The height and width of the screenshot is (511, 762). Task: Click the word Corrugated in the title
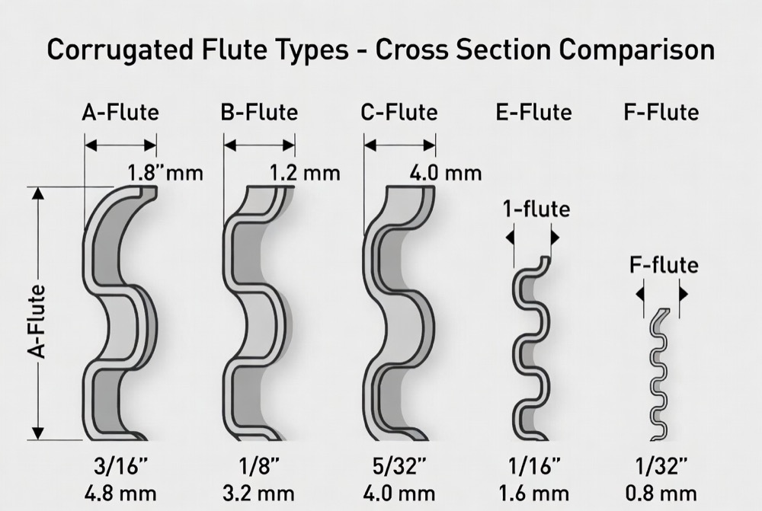point(120,50)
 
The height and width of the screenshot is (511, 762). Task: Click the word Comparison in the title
point(636,50)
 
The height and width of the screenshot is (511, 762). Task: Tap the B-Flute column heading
point(259,113)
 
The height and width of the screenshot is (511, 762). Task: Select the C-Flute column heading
point(399,113)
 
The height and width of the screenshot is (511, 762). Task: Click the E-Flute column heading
point(533,113)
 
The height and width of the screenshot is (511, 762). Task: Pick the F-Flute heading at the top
point(661,113)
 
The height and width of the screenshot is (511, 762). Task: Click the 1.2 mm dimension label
point(305,173)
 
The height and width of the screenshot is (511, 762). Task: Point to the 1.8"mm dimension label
point(165,173)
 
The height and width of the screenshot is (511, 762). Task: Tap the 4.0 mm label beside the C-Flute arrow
point(446,173)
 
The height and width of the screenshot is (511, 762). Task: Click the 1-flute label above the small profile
point(536,209)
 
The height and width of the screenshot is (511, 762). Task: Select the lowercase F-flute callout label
point(664,265)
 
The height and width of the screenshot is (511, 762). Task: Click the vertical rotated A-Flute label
point(37,322)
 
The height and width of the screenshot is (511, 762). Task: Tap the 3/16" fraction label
point(120,467)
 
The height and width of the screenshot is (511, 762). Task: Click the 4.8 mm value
point(120,494)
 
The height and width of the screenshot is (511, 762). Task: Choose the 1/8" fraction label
point(259,467)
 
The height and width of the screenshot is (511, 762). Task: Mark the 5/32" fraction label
point(399,467)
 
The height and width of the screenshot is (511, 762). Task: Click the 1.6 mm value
point(533,494)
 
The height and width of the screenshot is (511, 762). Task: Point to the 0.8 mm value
point(661,494)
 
